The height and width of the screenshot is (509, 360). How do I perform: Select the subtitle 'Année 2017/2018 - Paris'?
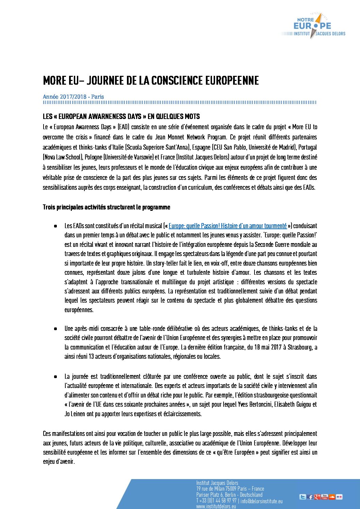point(73,97)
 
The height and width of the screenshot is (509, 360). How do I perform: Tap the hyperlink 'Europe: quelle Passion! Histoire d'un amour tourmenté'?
point(228,226)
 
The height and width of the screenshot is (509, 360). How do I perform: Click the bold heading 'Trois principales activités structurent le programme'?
point(107,207)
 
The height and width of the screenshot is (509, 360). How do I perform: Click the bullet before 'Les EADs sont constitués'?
point(55,226)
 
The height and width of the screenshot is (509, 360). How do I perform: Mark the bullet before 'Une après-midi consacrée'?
point(55,328)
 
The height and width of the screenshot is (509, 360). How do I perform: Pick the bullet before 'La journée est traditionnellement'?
point(55,376)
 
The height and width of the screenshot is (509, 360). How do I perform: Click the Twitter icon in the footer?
point(302,497)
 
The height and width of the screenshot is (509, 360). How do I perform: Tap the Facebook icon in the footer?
point(310,497)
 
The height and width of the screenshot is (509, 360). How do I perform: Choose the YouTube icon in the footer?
point(325,497)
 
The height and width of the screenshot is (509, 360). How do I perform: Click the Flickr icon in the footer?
point(339,497)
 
